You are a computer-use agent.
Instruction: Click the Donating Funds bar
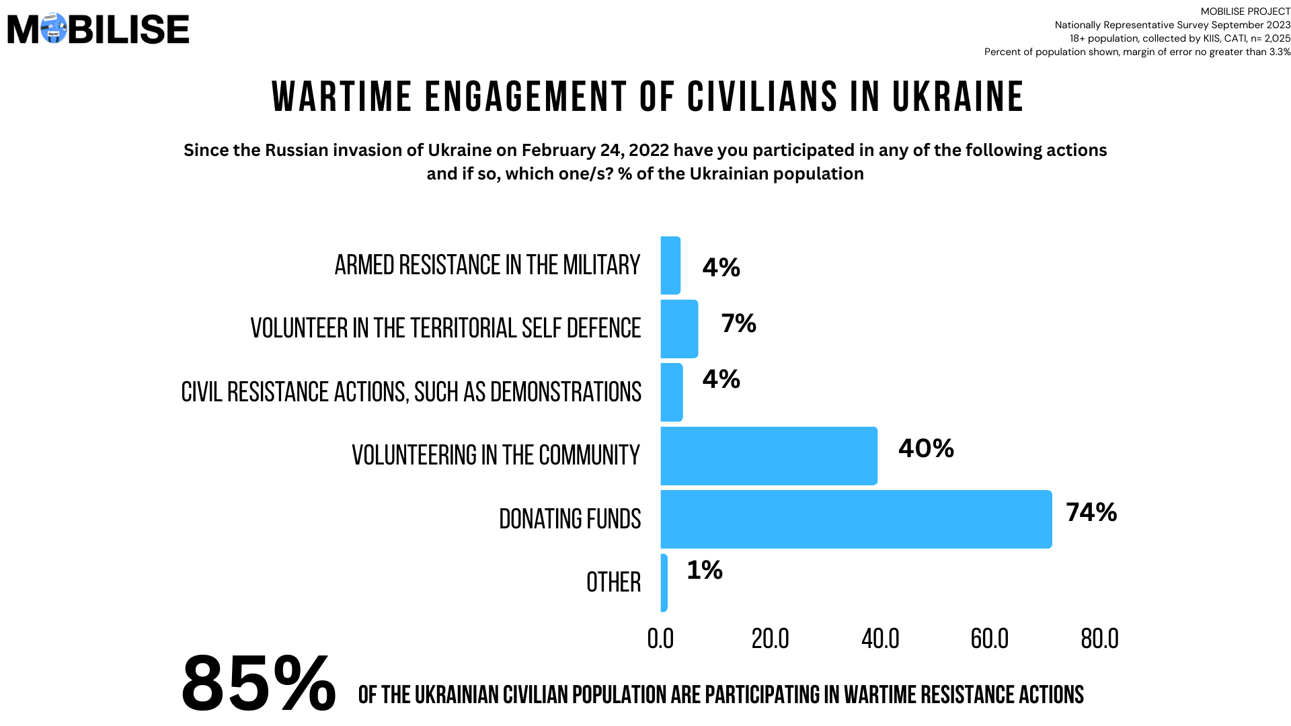[x=856, y=519]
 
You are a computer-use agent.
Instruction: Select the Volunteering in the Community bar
[x=769, y=456]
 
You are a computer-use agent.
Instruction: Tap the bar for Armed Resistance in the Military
[x=670, y=266]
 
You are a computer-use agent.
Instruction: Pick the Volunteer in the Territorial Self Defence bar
[x=679, y=329]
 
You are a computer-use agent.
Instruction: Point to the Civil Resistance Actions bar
[x=672, y=393]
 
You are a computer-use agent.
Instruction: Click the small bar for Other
[x=664, y=583]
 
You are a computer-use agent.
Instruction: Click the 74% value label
[x=1091, y=512]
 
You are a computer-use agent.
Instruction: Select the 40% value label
[x=926, y=448]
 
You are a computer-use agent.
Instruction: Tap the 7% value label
[x=738, y=323]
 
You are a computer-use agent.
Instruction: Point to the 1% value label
[x=704, y=570]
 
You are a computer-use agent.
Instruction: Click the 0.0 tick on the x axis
[x=660, y=639]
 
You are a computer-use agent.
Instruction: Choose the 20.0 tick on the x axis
[x=770, y=639]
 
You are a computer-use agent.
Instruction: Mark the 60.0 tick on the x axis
[x=989, y=639]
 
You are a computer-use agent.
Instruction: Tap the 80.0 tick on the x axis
[x=1099, y=639]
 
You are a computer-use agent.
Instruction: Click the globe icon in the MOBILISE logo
[x=54, y=28]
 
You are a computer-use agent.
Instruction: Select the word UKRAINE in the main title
[x=957, y=97]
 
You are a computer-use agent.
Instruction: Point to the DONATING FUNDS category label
[x=570, y=519]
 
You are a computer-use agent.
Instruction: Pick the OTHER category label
[x=613, y=582]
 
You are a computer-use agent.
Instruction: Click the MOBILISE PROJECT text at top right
[x=1245, y=11]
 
